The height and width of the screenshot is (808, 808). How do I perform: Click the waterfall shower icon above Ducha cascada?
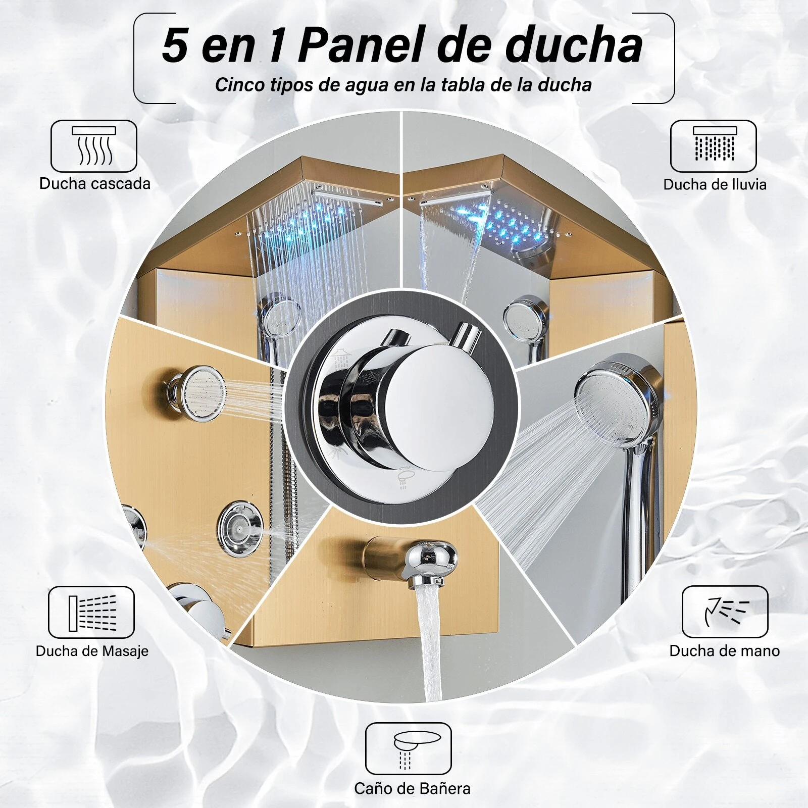[x=94, y=146]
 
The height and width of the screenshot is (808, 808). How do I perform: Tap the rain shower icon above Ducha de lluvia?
[x=713, y=146]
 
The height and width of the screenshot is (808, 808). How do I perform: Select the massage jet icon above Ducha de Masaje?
[x=91, y=612]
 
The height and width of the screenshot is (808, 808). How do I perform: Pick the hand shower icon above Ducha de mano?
[x=725, y=612]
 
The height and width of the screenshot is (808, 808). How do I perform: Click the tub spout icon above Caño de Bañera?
[x=408, y=748]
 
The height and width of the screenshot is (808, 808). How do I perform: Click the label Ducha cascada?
[x=95, y=183]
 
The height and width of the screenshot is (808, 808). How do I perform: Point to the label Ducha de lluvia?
[x=715, y=184]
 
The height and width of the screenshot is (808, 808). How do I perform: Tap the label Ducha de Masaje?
[x=92, y=651]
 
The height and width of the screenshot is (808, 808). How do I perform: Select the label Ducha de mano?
[x=724, y=651]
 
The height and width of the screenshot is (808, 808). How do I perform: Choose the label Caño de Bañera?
[x=412, y=788]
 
